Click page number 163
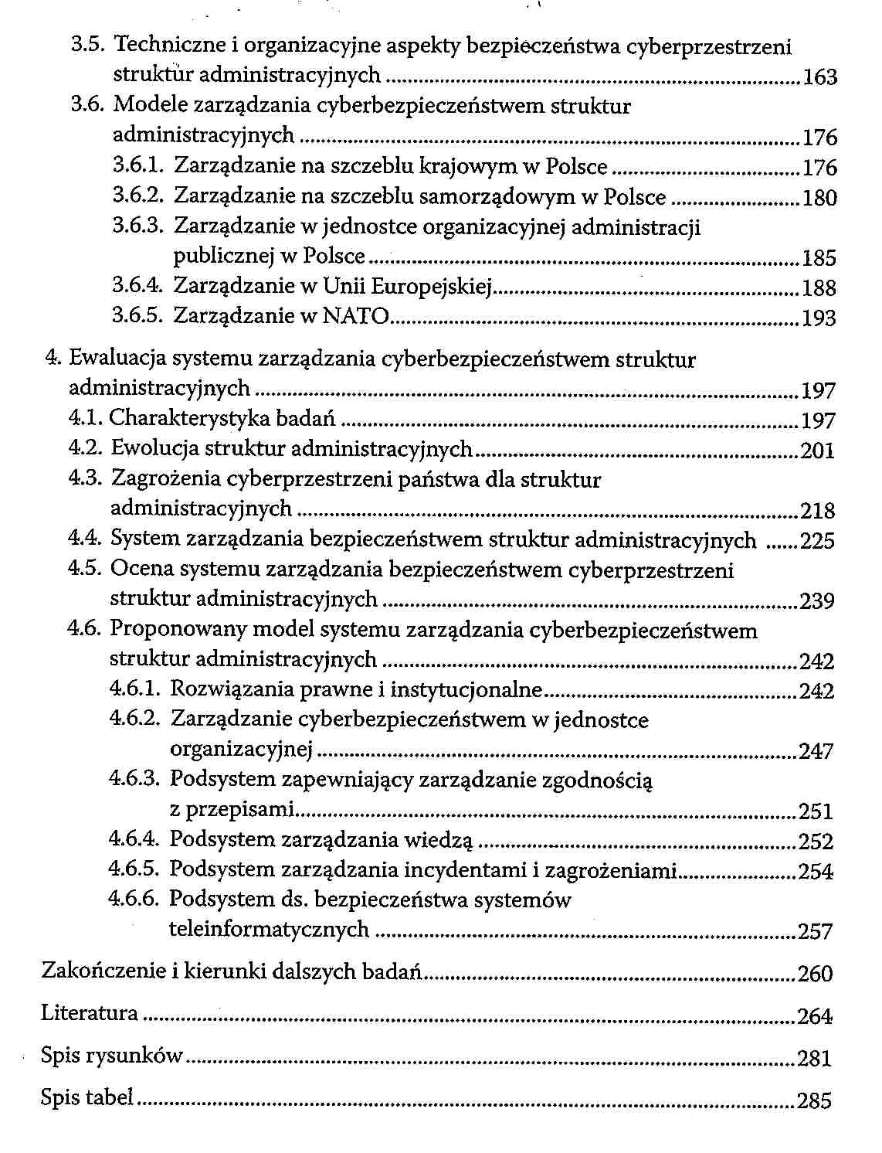820,77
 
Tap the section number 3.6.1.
139,166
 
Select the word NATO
355,316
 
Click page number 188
819,288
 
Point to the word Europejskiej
432,287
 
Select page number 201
818,451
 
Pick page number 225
818,541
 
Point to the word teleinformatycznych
269,929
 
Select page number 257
816,932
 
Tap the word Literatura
90,1013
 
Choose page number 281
815,1058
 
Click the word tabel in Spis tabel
109,1097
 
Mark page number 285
815,1100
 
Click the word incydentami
464,870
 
